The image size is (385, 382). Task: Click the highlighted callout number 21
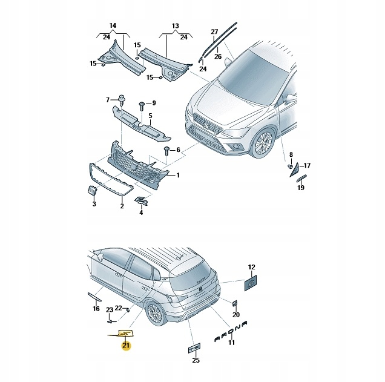(126, 346)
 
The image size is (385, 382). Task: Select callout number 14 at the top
(113, 25)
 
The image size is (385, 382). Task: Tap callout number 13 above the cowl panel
(176, 25)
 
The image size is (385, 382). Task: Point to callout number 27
(214, 31)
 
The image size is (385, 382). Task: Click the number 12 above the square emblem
(252, 267)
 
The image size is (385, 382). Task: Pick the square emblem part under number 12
(251, 282)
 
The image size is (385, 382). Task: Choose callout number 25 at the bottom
(195, 360)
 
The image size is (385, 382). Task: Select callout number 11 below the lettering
(231, 343)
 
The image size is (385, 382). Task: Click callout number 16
(96, 309)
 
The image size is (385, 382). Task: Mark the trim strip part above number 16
(94, 296)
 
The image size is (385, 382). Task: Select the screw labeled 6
(166, 150)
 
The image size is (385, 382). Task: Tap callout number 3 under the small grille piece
(94, 205)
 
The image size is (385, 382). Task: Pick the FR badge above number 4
(140, 202)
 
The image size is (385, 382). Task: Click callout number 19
(301, 188)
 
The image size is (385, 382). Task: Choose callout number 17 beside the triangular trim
(306, 165)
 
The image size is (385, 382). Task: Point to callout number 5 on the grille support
(151, 115)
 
